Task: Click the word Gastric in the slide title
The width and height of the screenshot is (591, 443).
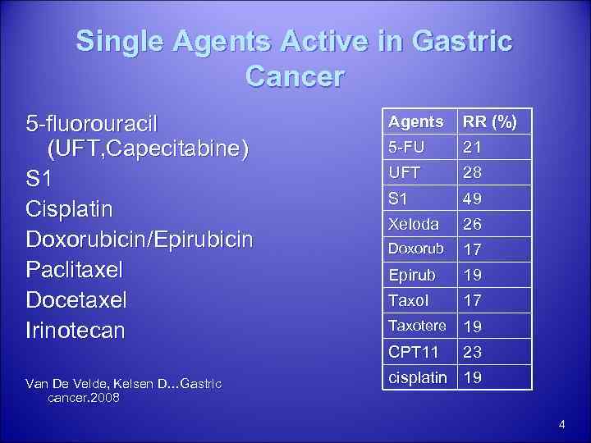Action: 463,40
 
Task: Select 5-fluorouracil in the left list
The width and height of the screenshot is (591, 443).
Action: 92,124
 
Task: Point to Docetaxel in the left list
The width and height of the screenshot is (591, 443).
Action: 76,300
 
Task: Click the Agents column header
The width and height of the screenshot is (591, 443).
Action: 416,121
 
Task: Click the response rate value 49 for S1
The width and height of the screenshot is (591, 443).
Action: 472,199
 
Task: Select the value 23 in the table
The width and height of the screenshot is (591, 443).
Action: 472,353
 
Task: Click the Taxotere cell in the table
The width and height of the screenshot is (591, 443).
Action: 418,326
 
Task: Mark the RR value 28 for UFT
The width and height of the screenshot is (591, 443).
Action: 472,174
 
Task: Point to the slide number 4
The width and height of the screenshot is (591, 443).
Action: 561,424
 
